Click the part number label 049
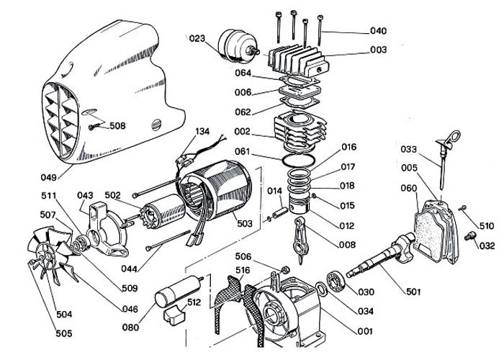click(x=48, y=177)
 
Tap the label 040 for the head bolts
click(x=378, y=31)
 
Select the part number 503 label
click(x=245, y=223)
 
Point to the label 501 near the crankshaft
click(x=413, y=292)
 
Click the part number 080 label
click(x=130, y=327)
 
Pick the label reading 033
click(x=408, y=149)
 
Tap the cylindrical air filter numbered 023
click(x=237, y=46)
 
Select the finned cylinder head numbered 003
click(x=298, y=61)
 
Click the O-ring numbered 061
click(x=298, y=159)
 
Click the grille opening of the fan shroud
click(x=61, y=120)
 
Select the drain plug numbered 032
click(x=469, y=236)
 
